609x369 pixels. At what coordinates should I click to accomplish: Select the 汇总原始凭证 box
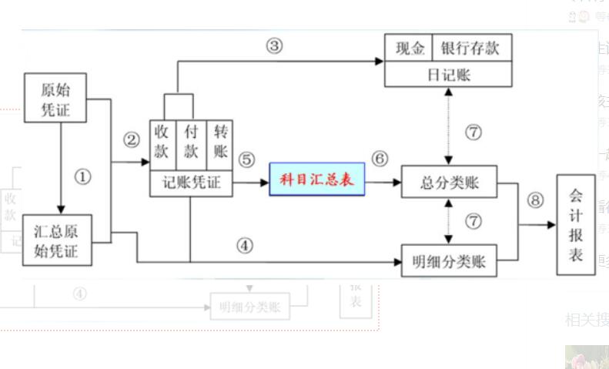56,240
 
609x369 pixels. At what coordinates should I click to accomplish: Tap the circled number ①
82,176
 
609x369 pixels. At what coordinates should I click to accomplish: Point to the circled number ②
132,139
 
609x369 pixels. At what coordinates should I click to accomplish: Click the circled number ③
275,45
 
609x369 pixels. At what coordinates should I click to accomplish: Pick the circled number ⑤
246,159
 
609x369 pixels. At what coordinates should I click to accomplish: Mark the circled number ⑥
380,159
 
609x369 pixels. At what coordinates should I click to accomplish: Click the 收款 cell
162,142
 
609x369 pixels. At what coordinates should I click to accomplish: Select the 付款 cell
191,142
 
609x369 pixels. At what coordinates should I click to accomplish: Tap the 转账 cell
219,142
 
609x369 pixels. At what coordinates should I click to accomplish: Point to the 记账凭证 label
191,183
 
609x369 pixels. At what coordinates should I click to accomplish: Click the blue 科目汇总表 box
316,179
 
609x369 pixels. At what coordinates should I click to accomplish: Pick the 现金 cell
408,49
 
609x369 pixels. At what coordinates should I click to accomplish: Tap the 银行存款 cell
471,49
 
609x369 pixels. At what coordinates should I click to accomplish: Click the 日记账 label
448,75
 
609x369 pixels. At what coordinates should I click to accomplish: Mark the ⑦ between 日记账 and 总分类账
473,131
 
